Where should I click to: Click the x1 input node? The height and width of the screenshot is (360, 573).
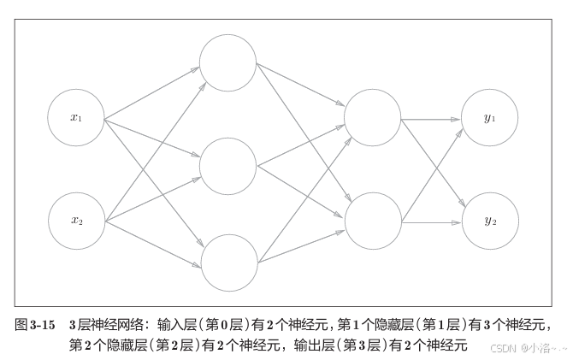[76, 118]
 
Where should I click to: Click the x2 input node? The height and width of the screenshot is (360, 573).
[76, 221]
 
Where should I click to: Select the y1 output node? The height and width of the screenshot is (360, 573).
[490, 118]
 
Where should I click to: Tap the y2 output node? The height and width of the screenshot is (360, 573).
[490, 221]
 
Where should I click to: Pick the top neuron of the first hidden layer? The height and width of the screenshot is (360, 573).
[227, 62]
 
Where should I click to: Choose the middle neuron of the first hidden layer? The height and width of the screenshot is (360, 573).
[227, 165]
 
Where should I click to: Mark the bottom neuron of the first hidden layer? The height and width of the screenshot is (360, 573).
[227, 263]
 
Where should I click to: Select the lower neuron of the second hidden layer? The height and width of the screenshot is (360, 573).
[371, 220]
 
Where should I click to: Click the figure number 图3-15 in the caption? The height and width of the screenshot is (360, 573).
[36, 326]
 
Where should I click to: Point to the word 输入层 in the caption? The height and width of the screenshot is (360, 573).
[177, 326]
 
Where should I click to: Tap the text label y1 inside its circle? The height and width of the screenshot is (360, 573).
[490, 118]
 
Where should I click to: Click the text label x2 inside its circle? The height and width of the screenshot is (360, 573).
[76, 221]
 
